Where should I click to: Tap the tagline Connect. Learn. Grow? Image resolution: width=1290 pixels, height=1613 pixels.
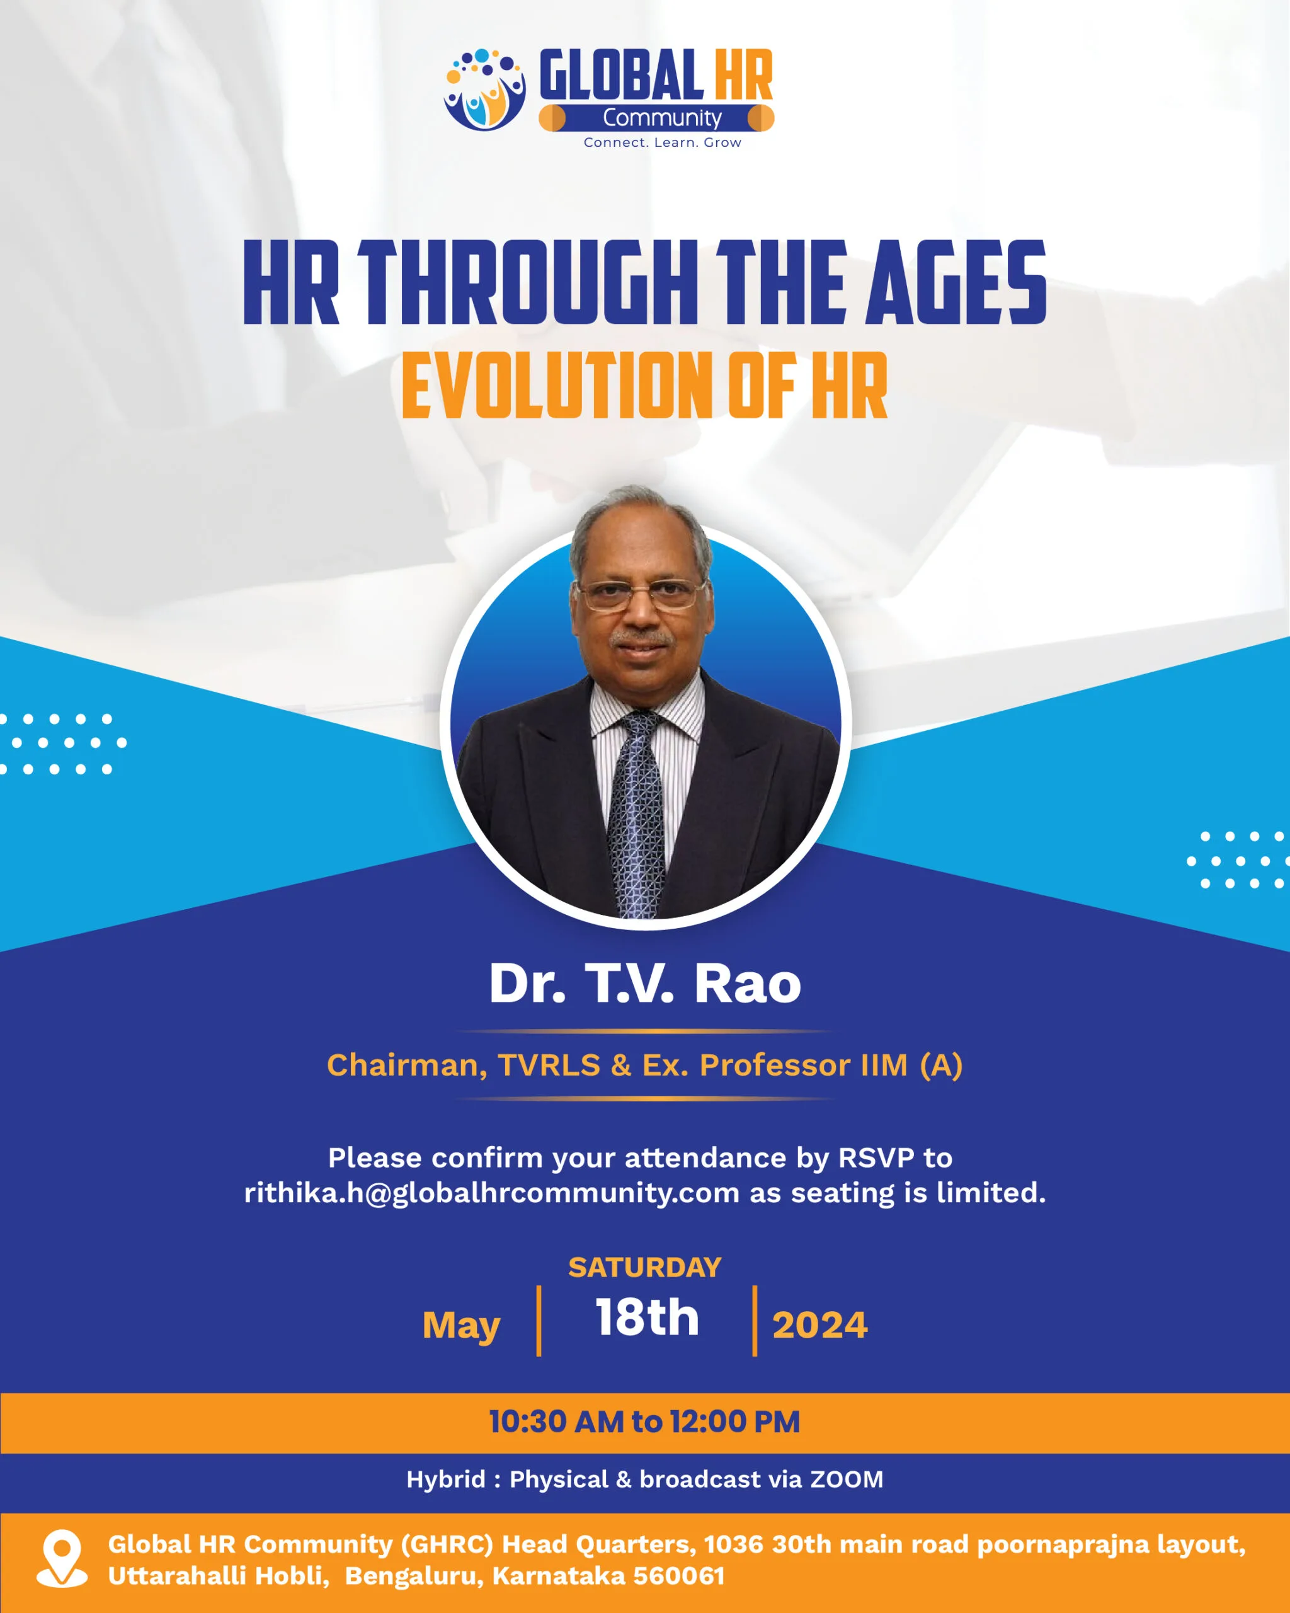663,142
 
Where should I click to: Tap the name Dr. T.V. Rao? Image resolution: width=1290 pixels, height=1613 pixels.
644,983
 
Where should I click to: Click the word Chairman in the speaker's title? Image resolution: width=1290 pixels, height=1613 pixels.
407,1065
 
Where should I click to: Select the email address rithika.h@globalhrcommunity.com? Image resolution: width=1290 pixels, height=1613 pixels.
491,1193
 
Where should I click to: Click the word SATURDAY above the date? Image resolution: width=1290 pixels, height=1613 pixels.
644,1267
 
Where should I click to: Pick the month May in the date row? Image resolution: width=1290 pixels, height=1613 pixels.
462,1326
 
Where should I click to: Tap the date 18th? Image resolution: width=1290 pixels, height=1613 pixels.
647,1317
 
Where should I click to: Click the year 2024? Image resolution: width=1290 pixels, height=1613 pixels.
819,1325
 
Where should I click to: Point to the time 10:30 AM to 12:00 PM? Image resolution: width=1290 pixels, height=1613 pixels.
644,1421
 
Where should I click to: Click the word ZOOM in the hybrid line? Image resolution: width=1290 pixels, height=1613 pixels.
847,1479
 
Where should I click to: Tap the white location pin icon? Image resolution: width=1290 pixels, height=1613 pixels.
62,1558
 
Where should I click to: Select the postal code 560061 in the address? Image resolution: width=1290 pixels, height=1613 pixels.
678,1576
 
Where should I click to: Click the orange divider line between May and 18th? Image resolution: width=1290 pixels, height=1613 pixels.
539,1321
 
